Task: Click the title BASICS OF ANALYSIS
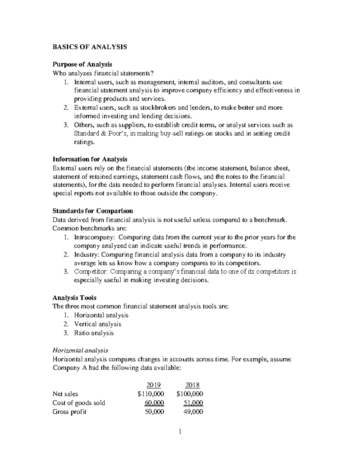tap(90, 47)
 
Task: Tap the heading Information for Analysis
tap(90, 159)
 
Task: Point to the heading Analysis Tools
tap(74, 298)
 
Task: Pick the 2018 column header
tap(192, 385)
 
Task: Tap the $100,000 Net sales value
tap(190, 394)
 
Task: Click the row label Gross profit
tap(69, 412)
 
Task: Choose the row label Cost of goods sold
tap(79, 403)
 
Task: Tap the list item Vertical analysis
tap(97, 324)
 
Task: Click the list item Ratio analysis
tap(94, 333)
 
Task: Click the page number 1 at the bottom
tap(180, 432)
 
